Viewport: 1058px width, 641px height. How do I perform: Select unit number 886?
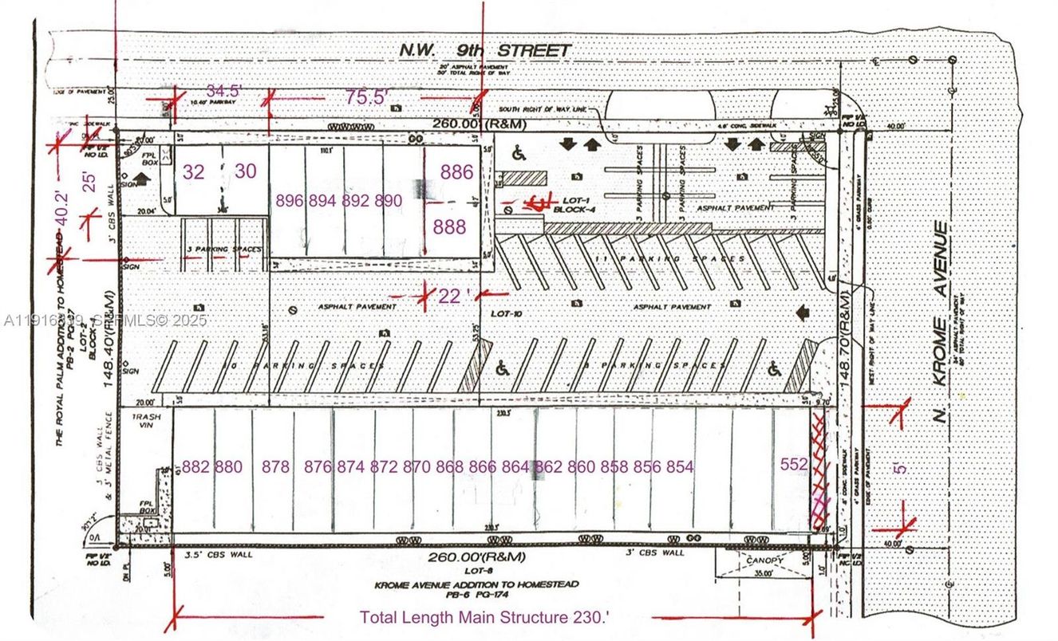tap(456, 171)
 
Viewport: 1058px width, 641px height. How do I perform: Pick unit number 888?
tap(449, 227)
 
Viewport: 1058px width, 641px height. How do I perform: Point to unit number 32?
tap(194, 171)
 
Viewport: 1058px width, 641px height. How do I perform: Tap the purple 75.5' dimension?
tap(366, 96)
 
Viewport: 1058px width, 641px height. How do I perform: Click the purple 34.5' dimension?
tap(223, 90)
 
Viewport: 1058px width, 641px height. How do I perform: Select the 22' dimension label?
tap(449, 296)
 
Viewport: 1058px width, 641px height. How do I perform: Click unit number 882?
tap(196, 467)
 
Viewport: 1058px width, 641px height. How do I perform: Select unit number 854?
tap(679, 467)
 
